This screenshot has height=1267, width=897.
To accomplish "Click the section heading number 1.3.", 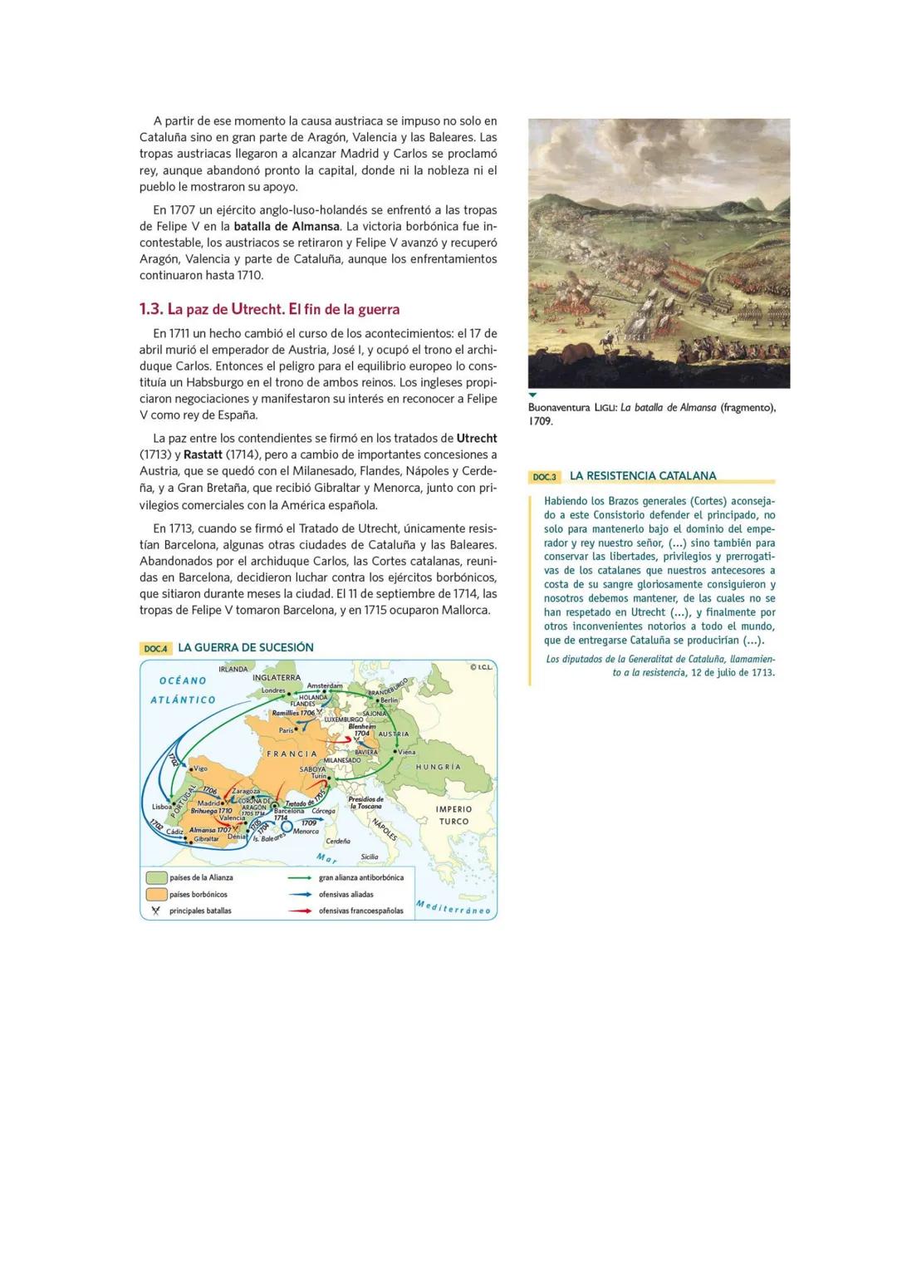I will click(150, 309).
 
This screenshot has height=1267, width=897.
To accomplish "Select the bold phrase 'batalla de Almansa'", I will click(287, 226).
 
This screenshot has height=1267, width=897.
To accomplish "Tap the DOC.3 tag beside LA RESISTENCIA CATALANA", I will click(544, 477).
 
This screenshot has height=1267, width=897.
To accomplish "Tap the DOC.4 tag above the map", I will click(155, 648).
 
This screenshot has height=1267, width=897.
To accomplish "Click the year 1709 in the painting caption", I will click(540, 421).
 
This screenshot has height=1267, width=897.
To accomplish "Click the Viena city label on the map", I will click(406, 752).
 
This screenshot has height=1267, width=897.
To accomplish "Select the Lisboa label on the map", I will click(161, 807).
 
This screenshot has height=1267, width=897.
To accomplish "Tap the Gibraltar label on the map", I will click(206, 839).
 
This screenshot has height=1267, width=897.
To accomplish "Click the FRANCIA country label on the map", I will click(291, 754).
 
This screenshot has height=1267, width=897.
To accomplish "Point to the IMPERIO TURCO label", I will click(453, 815).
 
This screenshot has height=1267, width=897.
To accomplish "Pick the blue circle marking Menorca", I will click(287, 826).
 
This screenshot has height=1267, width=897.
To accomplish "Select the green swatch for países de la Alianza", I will click(156, 877).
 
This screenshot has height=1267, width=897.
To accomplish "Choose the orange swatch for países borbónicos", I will click(156, 895).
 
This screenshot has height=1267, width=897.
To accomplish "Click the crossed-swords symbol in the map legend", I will click(154, 911).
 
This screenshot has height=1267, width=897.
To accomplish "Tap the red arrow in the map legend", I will click(299, 911).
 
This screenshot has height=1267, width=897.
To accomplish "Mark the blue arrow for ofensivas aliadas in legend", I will click(299, 895).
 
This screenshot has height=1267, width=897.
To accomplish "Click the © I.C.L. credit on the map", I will click(481, 667).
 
